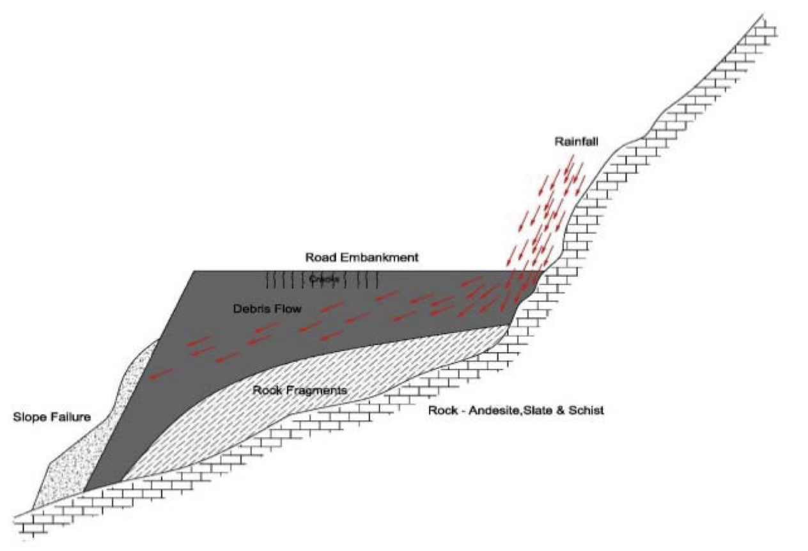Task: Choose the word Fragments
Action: click(x=313, y=390)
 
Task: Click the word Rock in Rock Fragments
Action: click(x=265, y=390)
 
